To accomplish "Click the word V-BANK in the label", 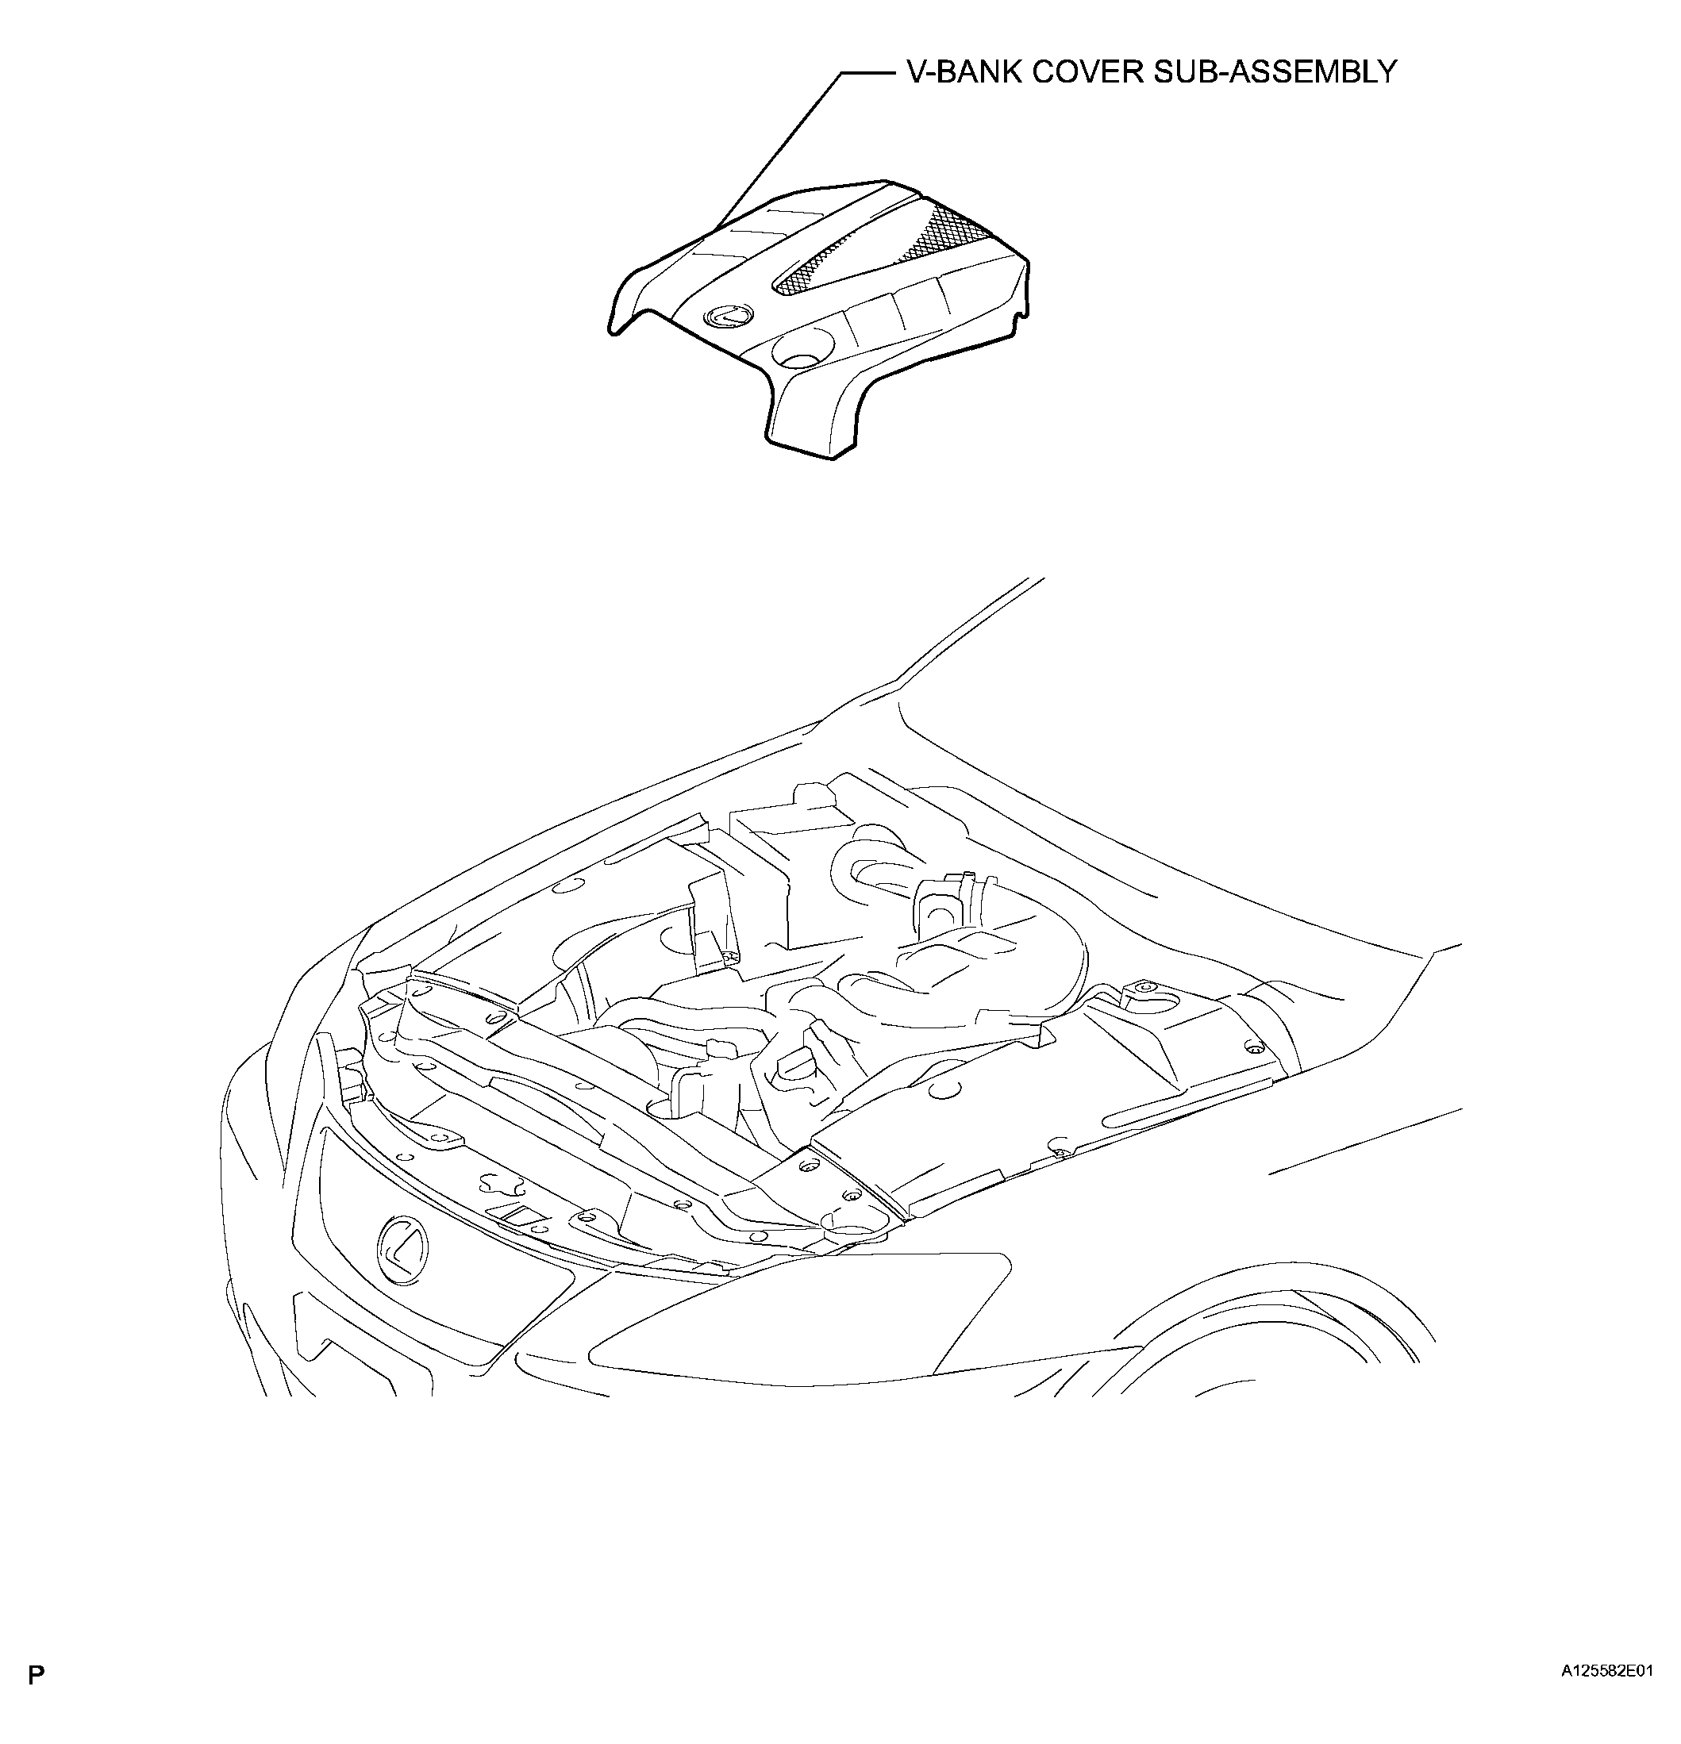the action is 963,71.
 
